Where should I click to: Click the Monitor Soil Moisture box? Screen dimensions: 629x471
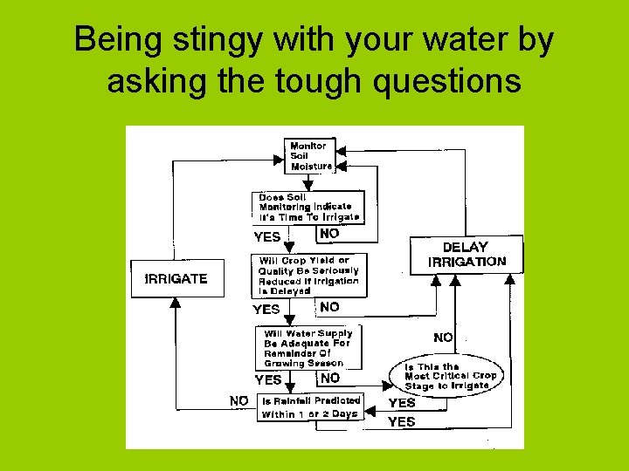point(309,155)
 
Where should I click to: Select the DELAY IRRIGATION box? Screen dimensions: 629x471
point(467,254)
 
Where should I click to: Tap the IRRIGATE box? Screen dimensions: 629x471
point(176,279)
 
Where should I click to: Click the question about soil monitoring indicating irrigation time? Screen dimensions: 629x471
point(308,207)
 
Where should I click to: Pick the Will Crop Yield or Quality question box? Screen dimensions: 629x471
point(308,276)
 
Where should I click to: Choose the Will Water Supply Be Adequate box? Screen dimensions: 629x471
point(308,347)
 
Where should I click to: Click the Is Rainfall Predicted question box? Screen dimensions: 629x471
point(310,407)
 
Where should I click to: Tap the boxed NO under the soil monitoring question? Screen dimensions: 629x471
point(329,234)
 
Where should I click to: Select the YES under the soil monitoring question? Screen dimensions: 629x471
point(266,236)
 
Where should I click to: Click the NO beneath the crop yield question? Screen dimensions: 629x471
point(329,307)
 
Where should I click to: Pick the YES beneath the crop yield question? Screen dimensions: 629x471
point(266,309)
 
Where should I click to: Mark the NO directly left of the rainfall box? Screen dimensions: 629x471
point(238,400)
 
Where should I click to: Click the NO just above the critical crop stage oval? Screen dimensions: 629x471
point(444,337)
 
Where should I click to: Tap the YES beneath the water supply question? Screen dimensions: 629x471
point(267,379)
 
